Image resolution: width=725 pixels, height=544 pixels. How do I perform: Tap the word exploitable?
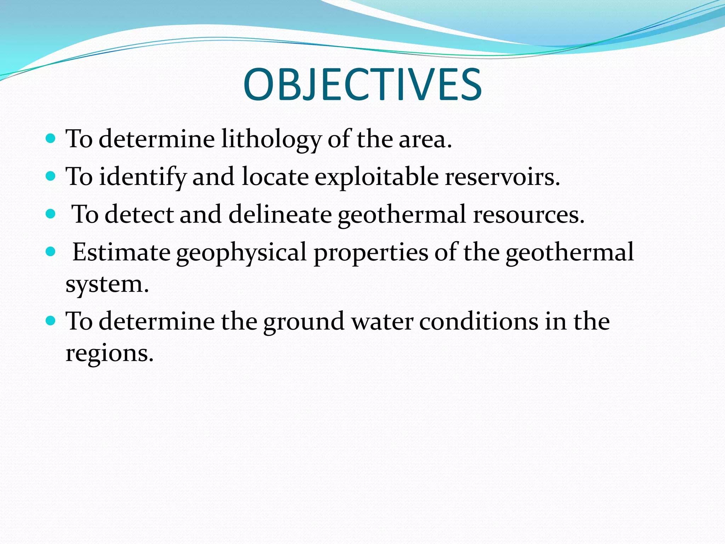376,177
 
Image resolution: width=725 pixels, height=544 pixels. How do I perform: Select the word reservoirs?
502,177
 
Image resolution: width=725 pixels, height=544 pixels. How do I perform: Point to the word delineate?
280,215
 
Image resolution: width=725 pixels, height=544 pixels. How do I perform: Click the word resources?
528,215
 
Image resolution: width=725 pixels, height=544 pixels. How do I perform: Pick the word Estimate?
121,252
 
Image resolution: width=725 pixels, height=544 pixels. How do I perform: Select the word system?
107,284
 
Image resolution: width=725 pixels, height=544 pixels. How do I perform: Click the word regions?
109,353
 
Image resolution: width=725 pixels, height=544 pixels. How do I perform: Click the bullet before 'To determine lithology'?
51,138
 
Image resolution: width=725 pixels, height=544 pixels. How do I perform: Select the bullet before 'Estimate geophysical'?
51,252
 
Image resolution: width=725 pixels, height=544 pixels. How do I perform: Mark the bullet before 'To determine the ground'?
51,321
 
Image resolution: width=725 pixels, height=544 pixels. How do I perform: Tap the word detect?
139,215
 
